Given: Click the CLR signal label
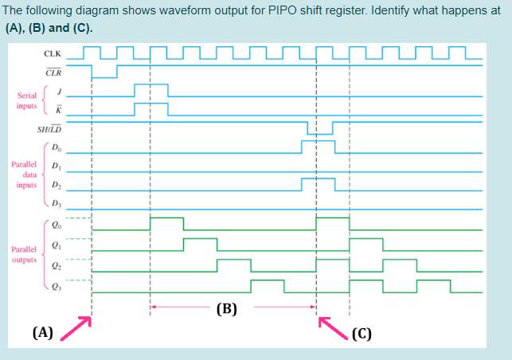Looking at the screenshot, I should coord(53,72).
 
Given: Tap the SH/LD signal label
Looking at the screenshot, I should coord(49,128).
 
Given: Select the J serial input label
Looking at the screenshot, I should coord(56,90).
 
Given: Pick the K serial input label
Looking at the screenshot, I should coord(56,108).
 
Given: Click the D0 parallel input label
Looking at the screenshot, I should coord(55,147).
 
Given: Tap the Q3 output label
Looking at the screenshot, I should coord(55,284).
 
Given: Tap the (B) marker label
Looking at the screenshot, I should coord(228,307).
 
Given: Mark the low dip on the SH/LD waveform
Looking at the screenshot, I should coord(320,133).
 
